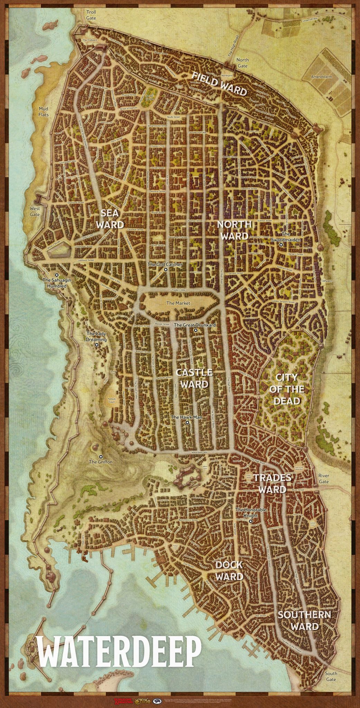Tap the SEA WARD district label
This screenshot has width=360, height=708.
pyautogui.click(x=110, y=219)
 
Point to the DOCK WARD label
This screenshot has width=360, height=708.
pyautogui.click(x=229, y=571)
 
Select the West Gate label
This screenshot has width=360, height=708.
pyautogui.click(x=35, y=211)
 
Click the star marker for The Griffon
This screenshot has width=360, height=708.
pyautogui.click(x=101, y=456)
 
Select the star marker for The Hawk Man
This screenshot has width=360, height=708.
pyautogui.click(x=187, y=422)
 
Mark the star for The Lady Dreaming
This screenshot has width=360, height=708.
pyautogui.click(x=97, y=345)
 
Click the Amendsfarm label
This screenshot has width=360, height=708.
pyautogui.click(x=321, y=77)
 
